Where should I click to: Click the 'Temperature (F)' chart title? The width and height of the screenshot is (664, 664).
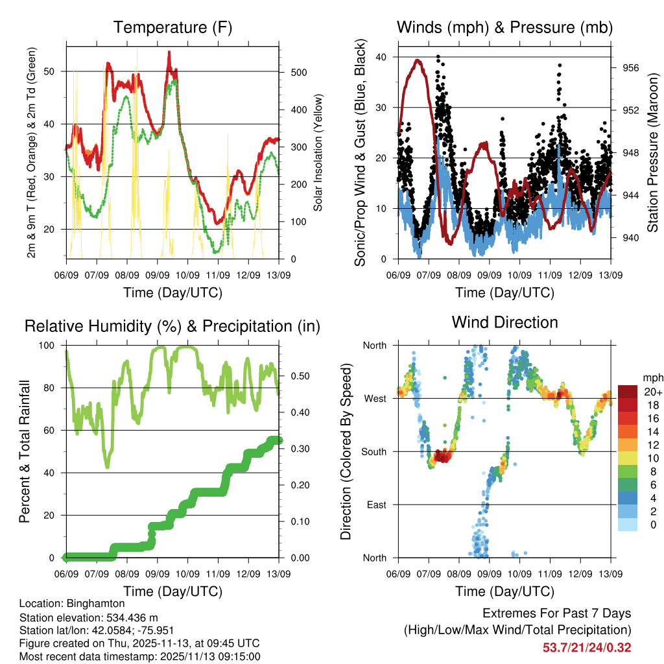pyautogui.click(x=172, y=28)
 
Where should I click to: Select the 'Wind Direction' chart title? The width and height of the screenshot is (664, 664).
pyautogui.click(x=504, y=322)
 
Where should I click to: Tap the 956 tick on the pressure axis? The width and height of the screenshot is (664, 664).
pyautogui.click(x=630, y=67)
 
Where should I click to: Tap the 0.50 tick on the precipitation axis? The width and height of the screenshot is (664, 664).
pyautogui.click(x=296, y=376)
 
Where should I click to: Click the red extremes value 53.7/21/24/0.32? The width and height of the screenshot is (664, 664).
pyautogui.click(x=587, y=647)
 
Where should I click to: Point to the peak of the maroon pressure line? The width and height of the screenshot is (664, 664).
pyautogui.click(x=418, y=60)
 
